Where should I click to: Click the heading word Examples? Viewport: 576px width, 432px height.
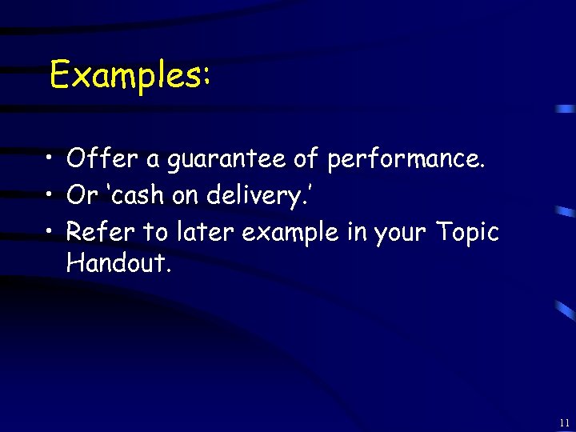(130, 76)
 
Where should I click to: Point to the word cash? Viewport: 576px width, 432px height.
(149, 196)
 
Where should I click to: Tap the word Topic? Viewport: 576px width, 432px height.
(467, 234)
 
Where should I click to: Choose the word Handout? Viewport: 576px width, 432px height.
(118, 262)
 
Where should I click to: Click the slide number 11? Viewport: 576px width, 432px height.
(565, 422)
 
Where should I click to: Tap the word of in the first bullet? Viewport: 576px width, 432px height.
(306, 159)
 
